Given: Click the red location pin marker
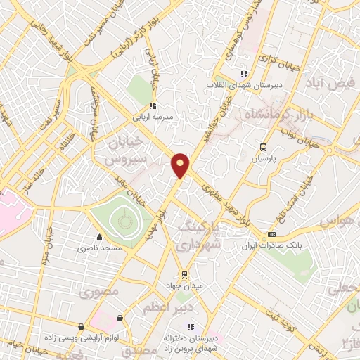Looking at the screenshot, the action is click(181, 165).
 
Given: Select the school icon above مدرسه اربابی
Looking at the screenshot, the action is click(152, 105).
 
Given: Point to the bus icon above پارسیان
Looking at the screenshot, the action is click(263, 147).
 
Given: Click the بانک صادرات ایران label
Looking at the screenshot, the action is click(271, 246).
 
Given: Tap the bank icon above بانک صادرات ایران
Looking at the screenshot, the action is click(271, 235).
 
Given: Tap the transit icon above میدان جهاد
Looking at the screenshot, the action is click(184, 274).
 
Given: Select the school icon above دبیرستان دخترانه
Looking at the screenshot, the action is click(191, 326).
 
